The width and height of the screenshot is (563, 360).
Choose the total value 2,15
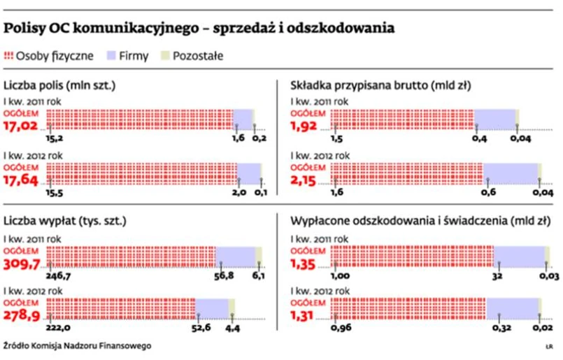(x=306, y=180)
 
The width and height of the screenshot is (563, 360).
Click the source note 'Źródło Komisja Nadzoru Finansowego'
(x=76, y=346)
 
